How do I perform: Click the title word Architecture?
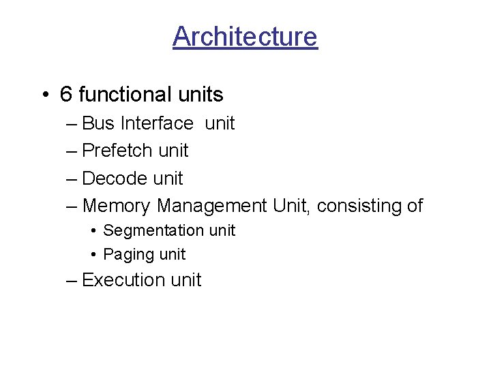(245, 36)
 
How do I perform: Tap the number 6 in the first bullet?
(66, 94)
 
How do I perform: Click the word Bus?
(98, 123)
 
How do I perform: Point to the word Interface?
(157, 123)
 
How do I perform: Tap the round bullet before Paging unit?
(93, 255)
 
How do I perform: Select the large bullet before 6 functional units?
(44, 95)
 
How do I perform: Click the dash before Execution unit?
(72, 281)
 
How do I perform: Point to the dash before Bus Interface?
(72, 124)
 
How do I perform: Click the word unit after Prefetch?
(173, 151)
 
